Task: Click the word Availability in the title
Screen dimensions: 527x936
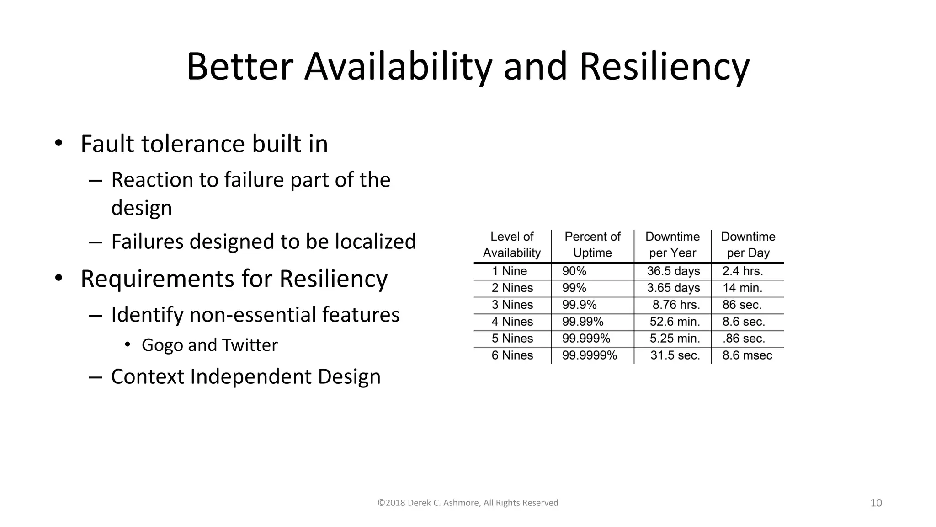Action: [398, 67]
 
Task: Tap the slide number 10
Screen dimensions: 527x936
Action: [876, 503]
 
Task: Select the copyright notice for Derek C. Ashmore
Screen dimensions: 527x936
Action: [468, 503]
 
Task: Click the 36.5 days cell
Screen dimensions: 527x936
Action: [673, 271]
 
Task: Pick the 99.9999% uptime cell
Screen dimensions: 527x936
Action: [589, 355]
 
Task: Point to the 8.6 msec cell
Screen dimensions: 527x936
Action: [747, 355]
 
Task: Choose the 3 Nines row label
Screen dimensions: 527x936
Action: [512, 305]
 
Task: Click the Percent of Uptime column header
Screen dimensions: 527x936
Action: [592, 245]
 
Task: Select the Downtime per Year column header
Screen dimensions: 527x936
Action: [672, 245]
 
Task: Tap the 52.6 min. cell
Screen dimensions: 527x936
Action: [675, 322]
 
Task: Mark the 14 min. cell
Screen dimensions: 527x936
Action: [742, 288]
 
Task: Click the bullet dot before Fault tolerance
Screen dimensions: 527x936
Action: [58, 143]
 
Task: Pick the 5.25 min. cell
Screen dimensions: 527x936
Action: [675, 339]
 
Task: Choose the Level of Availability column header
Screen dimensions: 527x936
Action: [512, 245]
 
